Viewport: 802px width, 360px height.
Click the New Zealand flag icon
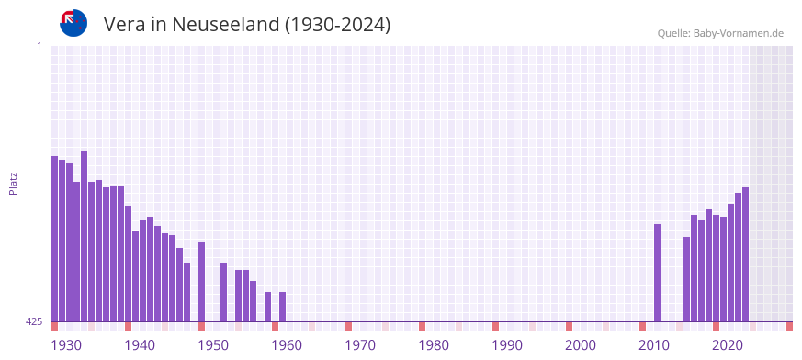[73, 23]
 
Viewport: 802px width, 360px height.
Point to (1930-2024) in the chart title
[337, 25]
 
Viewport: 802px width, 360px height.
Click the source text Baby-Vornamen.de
[739, 33]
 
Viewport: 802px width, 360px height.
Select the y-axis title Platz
[13, 184]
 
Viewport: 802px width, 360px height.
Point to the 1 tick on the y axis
[39, 46]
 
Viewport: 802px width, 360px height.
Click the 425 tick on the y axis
[34, 321]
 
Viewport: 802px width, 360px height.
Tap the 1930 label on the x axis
[66, 345]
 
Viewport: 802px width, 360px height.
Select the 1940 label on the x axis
[140, 345]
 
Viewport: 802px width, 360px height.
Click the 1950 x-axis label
[213, 345]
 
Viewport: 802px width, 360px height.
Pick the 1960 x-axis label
[287, 345]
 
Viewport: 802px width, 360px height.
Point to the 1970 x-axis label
[360, 345]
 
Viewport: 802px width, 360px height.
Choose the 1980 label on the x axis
[434, 345]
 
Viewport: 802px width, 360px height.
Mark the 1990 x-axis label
[507, 345]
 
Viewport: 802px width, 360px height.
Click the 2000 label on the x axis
[581, 345]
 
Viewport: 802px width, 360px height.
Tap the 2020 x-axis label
[728, 345]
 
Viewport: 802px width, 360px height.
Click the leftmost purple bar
[55, 239]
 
